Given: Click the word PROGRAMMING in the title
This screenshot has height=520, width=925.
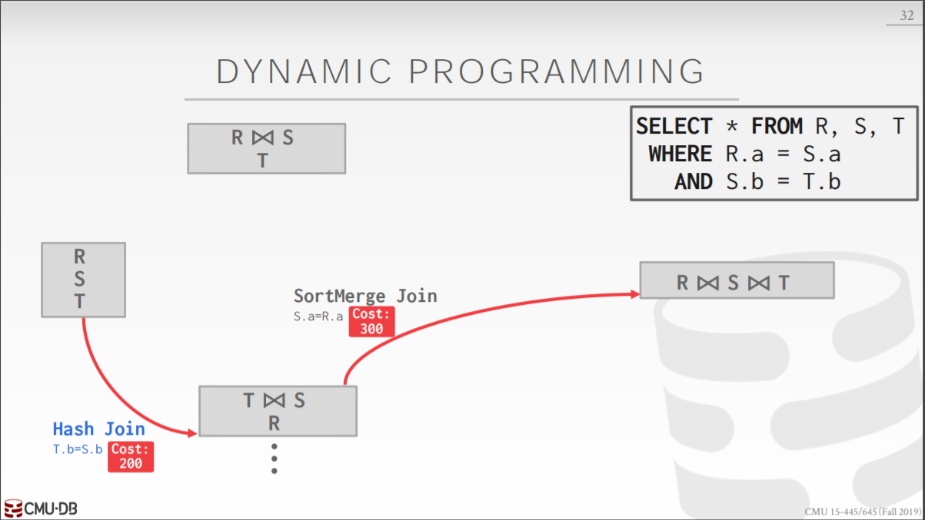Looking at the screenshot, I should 557,71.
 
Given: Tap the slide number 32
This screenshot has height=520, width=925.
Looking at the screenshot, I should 907,15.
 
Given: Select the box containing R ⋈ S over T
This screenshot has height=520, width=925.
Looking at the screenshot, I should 266,148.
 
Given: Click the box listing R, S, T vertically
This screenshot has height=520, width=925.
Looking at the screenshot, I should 82,280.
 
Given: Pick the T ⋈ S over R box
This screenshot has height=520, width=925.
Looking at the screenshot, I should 277,411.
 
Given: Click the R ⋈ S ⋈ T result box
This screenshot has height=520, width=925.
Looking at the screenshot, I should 736,280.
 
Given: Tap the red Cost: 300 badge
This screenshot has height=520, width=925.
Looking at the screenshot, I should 371,322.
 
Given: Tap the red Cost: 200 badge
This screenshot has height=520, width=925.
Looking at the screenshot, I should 130,456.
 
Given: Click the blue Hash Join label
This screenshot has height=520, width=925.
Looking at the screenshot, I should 98,429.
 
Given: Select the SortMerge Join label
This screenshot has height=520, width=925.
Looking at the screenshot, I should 365,296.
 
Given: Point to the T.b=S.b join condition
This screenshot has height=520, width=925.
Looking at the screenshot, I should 77,450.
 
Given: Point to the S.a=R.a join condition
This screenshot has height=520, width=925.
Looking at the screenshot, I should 318,316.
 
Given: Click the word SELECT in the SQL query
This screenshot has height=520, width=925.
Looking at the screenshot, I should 674,126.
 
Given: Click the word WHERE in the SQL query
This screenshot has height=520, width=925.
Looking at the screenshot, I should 680,154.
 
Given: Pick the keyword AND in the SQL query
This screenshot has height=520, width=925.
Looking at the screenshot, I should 694,181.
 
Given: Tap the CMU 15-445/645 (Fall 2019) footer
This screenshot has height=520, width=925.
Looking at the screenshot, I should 862,512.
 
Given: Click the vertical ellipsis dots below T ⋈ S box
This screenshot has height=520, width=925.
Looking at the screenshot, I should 274,459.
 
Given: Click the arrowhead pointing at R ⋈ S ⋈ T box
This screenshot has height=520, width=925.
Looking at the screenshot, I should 634,293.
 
